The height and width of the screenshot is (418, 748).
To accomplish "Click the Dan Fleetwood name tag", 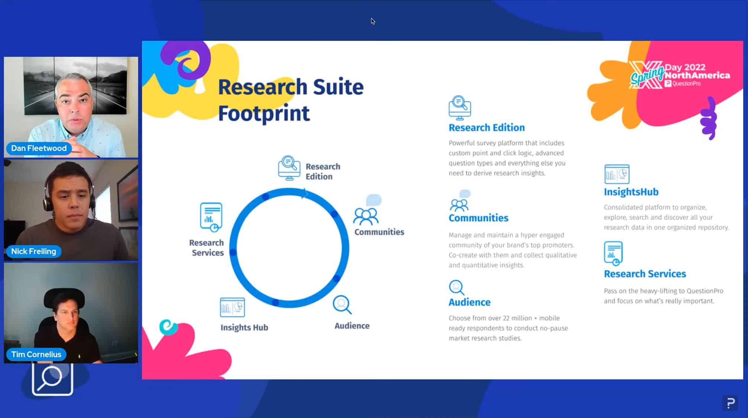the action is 39,148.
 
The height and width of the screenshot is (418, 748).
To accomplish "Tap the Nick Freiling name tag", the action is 33,251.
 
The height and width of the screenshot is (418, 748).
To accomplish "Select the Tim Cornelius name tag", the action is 36,354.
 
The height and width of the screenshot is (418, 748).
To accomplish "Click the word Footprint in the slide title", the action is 264,113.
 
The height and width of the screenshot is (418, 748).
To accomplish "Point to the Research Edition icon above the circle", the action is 289,168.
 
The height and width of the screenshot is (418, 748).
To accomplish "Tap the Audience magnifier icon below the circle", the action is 342,305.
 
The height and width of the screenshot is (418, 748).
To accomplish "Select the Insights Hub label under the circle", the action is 244,327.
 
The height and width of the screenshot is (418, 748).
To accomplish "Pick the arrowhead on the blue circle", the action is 305,193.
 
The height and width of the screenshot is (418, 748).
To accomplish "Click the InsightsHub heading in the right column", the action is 631,192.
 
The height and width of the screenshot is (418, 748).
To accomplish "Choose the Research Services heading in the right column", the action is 645,274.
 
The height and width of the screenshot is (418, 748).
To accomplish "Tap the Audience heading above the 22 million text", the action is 469,302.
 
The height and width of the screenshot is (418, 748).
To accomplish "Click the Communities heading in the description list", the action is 478,218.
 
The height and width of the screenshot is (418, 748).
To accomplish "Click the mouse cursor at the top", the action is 373,21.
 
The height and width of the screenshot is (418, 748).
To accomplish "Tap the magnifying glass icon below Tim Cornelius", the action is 52,379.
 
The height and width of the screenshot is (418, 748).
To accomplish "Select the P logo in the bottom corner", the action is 730,403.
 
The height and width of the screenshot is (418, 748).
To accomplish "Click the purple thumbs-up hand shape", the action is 709,118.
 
